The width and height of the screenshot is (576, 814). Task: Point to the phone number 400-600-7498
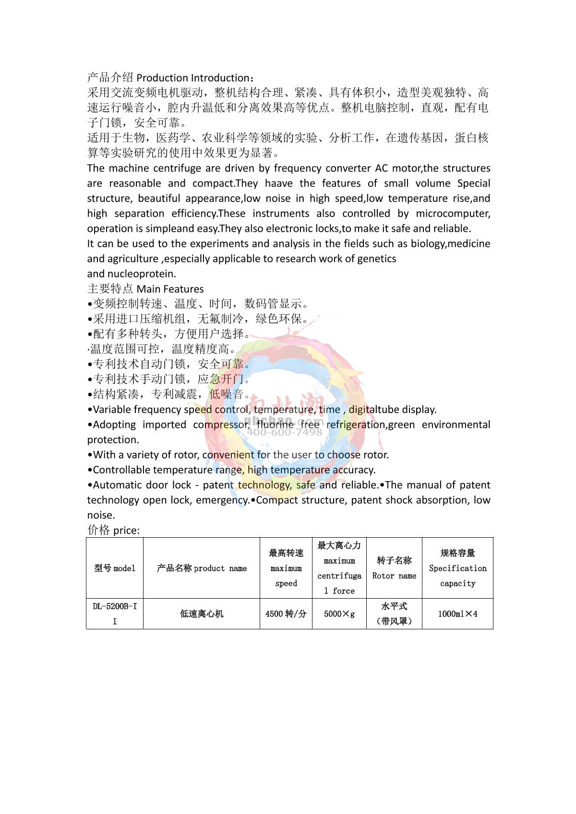[285, 432]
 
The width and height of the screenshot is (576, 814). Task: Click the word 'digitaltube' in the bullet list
[374, 410]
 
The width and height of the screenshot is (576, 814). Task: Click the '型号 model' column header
[115, 568]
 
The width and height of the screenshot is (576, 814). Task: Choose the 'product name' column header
[202, 568]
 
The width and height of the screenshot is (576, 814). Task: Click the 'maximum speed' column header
[286, 568]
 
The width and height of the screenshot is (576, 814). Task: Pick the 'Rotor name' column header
[394, 568]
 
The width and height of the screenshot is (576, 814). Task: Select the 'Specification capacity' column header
[457, 568]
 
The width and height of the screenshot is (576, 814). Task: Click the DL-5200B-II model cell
[115, 613]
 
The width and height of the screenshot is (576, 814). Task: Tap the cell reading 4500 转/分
[286, 613]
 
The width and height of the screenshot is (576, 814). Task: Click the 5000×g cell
[339, 613]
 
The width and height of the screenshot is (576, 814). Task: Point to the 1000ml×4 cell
[457, 613]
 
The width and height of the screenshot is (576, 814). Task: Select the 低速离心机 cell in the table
[202, 613]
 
